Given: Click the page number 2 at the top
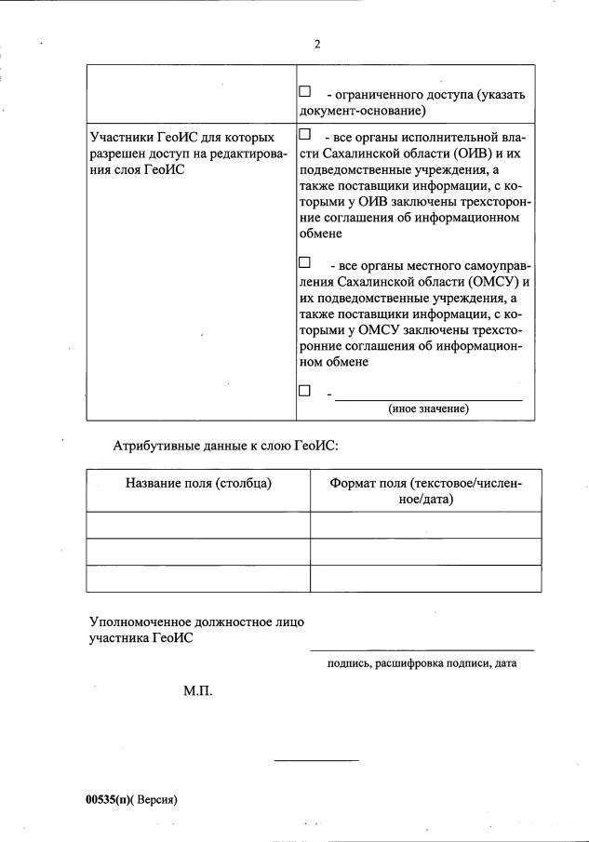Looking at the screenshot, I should coord(317,45).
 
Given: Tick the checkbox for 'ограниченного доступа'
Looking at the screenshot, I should coord(304,93).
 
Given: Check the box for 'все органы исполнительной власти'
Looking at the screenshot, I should coord(304,135).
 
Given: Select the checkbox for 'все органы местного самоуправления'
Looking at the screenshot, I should coord(304,263).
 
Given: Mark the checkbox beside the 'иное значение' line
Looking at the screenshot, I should coord(304,391).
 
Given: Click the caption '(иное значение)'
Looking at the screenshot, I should coord(428,408).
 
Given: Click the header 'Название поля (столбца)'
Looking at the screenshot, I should coord(198,483).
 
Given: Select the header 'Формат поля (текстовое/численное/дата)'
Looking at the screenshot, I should coord(426,490).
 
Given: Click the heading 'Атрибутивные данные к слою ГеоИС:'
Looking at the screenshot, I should coord(225,446).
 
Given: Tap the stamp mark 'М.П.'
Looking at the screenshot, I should coord(198,693).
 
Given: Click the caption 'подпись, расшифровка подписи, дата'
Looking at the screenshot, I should coord(422,663).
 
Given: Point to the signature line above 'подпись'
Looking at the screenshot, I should coord(422,649).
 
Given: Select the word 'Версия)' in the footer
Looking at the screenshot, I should coord(157,799).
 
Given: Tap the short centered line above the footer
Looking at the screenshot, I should coord(316,762).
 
